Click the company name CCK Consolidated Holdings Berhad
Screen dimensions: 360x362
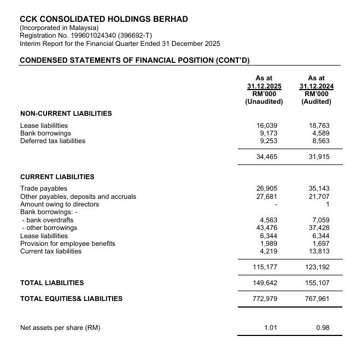coord(104,19)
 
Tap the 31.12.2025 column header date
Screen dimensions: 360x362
coord(264,86)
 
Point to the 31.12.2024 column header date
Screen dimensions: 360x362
coord(316,86)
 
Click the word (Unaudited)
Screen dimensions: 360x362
coord(264,102)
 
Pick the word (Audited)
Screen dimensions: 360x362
coord(316,102)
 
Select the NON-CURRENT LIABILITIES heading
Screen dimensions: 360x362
coord(66,114)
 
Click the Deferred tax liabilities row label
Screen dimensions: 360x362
coord(52,140)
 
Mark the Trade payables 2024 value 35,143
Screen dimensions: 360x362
coord(319,188)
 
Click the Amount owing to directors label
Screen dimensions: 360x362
coord(60,204)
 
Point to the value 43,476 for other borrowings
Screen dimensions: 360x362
coord(266,228)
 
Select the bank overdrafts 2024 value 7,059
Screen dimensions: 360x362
coord(321,220)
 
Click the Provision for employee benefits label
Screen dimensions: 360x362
coord(63,244)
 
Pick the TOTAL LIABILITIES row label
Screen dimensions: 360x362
coord(52,283)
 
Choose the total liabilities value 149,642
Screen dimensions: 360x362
coord(265,283)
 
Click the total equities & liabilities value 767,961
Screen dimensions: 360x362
coord(317,299)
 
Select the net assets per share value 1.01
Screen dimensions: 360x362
coord(271,328)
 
